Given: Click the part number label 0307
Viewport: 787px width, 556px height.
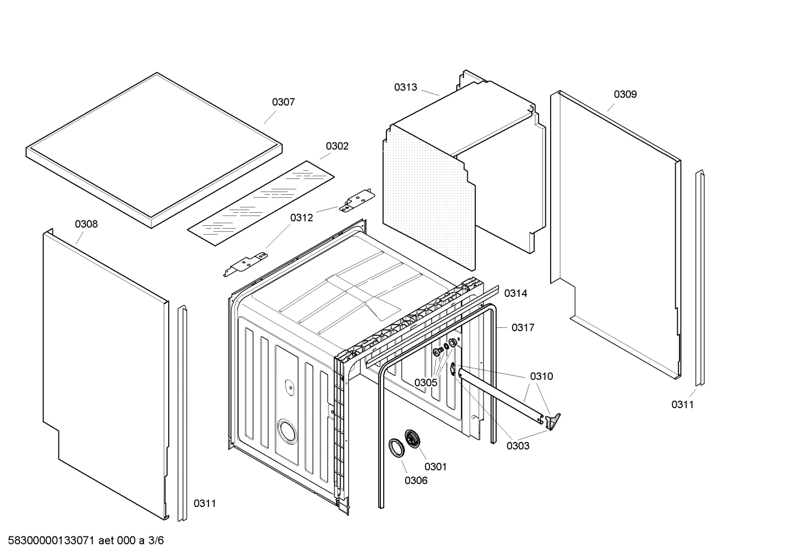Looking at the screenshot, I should tap(283, 102).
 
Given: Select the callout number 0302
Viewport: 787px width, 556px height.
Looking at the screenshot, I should tap(337, 146).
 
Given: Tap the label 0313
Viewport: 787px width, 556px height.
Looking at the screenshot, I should tap(406, 87).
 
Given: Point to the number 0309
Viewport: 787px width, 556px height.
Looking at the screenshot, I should tap(625, 94).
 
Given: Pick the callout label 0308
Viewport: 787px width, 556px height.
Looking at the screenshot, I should tap(86, 224).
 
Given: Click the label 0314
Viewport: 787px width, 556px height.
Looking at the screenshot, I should tap(515, 294).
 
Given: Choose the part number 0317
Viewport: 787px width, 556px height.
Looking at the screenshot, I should tap(522, 327).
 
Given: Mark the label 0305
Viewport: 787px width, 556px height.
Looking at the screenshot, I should tap(425, 382).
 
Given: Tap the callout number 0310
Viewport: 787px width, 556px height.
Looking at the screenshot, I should tap(541, 376).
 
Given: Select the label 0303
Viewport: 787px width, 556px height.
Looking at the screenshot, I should tap(517, 446).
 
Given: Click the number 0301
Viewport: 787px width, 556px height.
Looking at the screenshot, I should tap(435, 467).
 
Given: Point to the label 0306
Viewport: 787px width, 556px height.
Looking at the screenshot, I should tap(416, 481).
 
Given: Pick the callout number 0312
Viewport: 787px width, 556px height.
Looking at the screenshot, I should tap(301, 218).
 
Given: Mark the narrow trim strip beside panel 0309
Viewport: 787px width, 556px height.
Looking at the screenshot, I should tap(700, 278).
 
